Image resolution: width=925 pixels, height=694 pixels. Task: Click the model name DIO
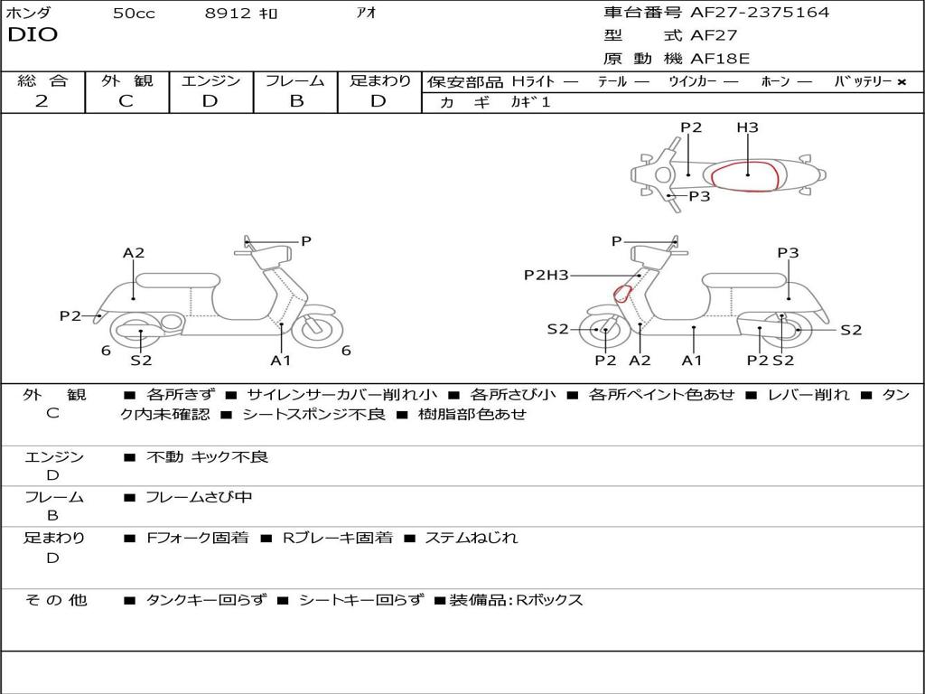33,35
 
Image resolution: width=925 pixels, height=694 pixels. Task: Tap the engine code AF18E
720,59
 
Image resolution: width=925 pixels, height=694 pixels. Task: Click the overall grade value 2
42,101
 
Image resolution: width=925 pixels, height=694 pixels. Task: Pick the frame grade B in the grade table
295,101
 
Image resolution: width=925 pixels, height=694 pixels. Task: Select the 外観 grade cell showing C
126,101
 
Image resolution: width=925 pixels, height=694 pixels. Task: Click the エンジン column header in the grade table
210,80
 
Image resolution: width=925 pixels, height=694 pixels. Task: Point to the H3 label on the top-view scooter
747,127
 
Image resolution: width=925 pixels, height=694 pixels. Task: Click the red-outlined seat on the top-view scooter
746,176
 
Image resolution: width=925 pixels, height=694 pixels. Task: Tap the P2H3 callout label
547,276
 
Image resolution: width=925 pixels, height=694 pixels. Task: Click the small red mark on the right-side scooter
621,293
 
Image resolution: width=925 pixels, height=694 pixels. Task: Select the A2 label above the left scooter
134,253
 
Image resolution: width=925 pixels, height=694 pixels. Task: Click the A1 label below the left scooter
281,361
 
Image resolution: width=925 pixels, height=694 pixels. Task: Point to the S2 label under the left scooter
141,361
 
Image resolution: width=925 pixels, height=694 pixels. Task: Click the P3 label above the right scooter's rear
788,253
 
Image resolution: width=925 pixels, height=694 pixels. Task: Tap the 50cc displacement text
133,14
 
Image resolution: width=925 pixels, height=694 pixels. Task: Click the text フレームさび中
199,497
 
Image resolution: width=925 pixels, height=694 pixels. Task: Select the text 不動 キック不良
207,457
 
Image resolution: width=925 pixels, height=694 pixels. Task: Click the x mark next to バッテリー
902,81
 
